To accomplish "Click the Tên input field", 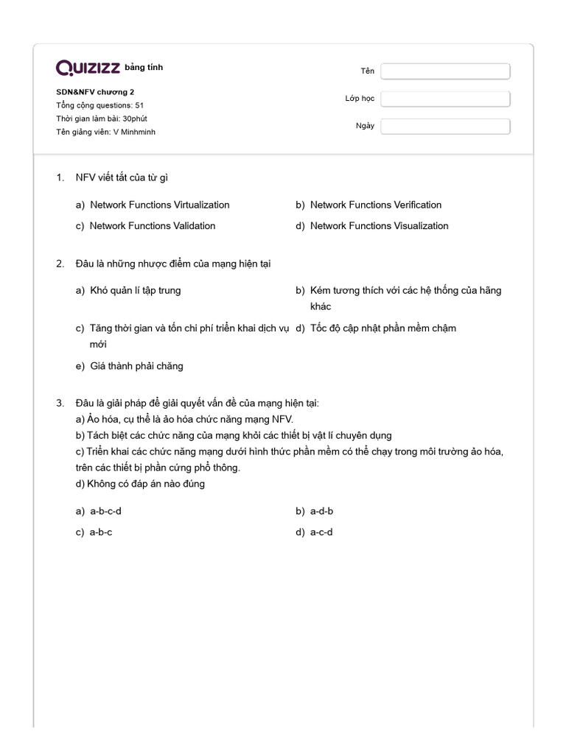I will [x=445, y=71].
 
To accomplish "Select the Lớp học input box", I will [x=445, y=99].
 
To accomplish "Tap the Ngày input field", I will [x=445, y=126].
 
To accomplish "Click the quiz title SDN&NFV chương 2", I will [x=95, y=92].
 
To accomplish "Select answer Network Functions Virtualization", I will [x=159, y=205].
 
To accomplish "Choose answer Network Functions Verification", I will [x=376, y=205].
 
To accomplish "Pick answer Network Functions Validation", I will [x=153, y=226].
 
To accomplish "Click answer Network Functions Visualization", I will [x=379, y=226].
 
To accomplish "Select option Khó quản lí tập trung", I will [x=135, y=290].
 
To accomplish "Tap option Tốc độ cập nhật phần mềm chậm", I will [x=383, y=328].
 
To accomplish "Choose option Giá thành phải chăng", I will [x=136, y=366].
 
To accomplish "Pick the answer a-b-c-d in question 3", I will [x=105, y=511].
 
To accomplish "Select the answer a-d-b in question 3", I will [x=322, y=511].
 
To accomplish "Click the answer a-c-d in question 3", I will [x=321, y=532].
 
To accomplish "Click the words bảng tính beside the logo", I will [x=144, y=68].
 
